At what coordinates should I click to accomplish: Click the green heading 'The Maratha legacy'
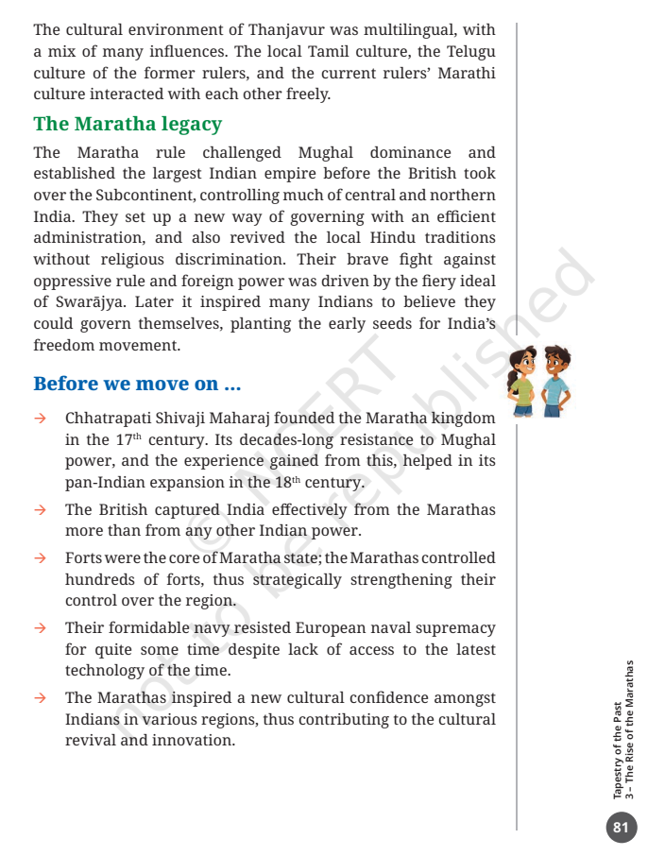128,124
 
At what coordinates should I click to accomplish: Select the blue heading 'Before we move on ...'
137,384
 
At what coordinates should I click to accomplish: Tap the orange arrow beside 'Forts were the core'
41,558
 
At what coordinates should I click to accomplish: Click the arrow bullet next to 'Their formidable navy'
41,628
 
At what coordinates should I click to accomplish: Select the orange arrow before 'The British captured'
41,510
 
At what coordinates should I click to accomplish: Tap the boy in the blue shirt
556,381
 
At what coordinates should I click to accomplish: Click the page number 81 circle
621,828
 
